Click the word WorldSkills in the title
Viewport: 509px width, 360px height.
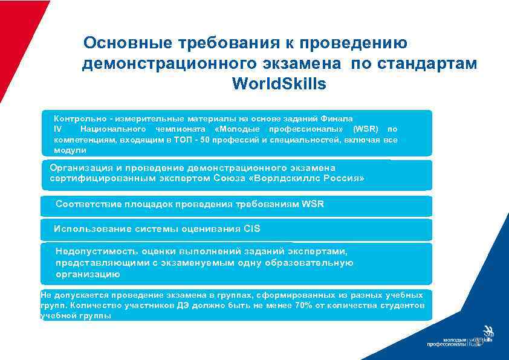pyautogui.click(x=279, y=84)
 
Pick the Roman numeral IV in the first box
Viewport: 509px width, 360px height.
pyautogui.click(x=58, y=129)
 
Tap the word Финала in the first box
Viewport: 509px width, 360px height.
pyautogui.click(x=338, y=119)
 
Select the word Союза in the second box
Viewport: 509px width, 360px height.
pyautogui.click(x=229, y=179)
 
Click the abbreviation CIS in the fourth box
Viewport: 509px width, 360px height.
pyautogui.click(x=251, y=229)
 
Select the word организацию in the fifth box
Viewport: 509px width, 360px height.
pyautogui.click(x=88, y=274)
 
